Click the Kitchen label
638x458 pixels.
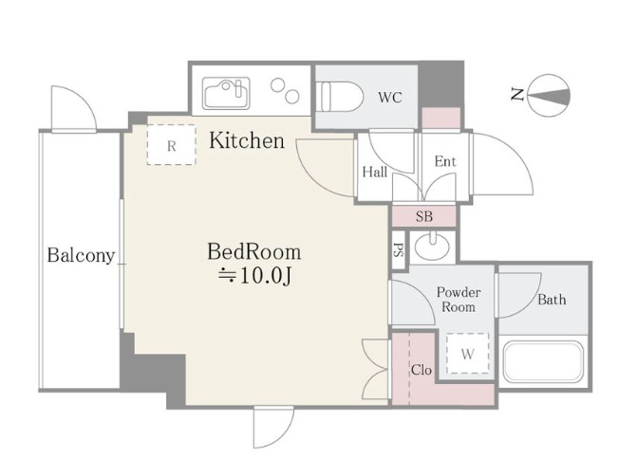pos(247,140)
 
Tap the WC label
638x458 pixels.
pos(390,97)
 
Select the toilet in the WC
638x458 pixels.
pos(339,97)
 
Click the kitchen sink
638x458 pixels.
pos(226,94)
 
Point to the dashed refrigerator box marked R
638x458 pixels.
pos(171,145)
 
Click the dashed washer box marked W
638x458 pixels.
pos(467,354)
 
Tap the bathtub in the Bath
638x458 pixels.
pos(544,361)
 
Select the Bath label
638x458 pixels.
pos(552,300)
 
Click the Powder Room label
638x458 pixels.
pos(459,299)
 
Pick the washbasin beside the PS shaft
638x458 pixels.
pos(433,246)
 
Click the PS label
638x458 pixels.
pos(399,250)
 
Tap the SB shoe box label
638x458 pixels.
pos(424,216)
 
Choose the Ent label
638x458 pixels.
pos(445,161)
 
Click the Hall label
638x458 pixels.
pos(374,172)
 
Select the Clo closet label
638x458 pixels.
pos(422,370)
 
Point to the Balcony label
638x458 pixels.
pos(81,256)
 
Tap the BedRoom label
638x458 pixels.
pos(254,251)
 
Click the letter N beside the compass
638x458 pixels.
pos(517,95)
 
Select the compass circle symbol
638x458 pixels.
pos(549,96)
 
